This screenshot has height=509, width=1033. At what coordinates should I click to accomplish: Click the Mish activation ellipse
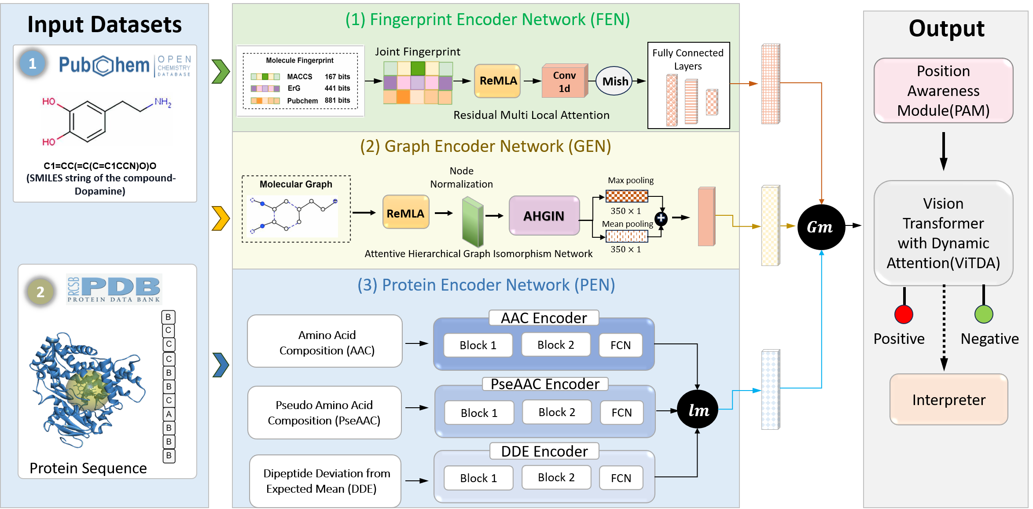[615, 81]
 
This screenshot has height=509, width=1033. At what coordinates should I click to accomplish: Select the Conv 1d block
[564, 81]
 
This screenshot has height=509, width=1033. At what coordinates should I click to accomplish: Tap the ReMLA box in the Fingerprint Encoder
[498, 81]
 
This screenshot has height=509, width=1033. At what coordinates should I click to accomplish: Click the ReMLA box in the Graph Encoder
[405, 213]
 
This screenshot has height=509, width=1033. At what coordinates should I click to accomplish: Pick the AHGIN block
[544, 216]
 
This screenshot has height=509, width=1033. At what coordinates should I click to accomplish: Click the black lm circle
[698, 409]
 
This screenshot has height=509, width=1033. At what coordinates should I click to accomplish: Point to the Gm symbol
[819, 227]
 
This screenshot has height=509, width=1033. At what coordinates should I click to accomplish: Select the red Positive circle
[904, 314]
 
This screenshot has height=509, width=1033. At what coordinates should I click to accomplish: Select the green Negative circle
[984, 314]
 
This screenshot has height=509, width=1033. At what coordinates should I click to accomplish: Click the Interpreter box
[948, 399]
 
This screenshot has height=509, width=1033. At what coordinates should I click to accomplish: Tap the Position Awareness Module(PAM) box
[943, 91]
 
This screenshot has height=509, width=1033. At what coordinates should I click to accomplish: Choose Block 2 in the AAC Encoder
[555, 345]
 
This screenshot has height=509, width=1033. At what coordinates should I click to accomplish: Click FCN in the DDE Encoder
[621, 478]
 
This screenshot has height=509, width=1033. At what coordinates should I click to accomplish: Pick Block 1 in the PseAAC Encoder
[479, 413]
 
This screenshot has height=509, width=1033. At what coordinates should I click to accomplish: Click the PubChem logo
[125, 66]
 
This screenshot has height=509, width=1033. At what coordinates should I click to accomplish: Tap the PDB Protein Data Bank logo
[114, 289]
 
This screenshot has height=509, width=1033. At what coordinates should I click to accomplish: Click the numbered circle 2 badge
[40, 291]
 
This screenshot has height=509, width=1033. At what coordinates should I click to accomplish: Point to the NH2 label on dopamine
[162, 102]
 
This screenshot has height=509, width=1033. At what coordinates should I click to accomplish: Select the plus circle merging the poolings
[661, 218]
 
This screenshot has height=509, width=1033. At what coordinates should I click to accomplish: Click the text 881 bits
[337, 100]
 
